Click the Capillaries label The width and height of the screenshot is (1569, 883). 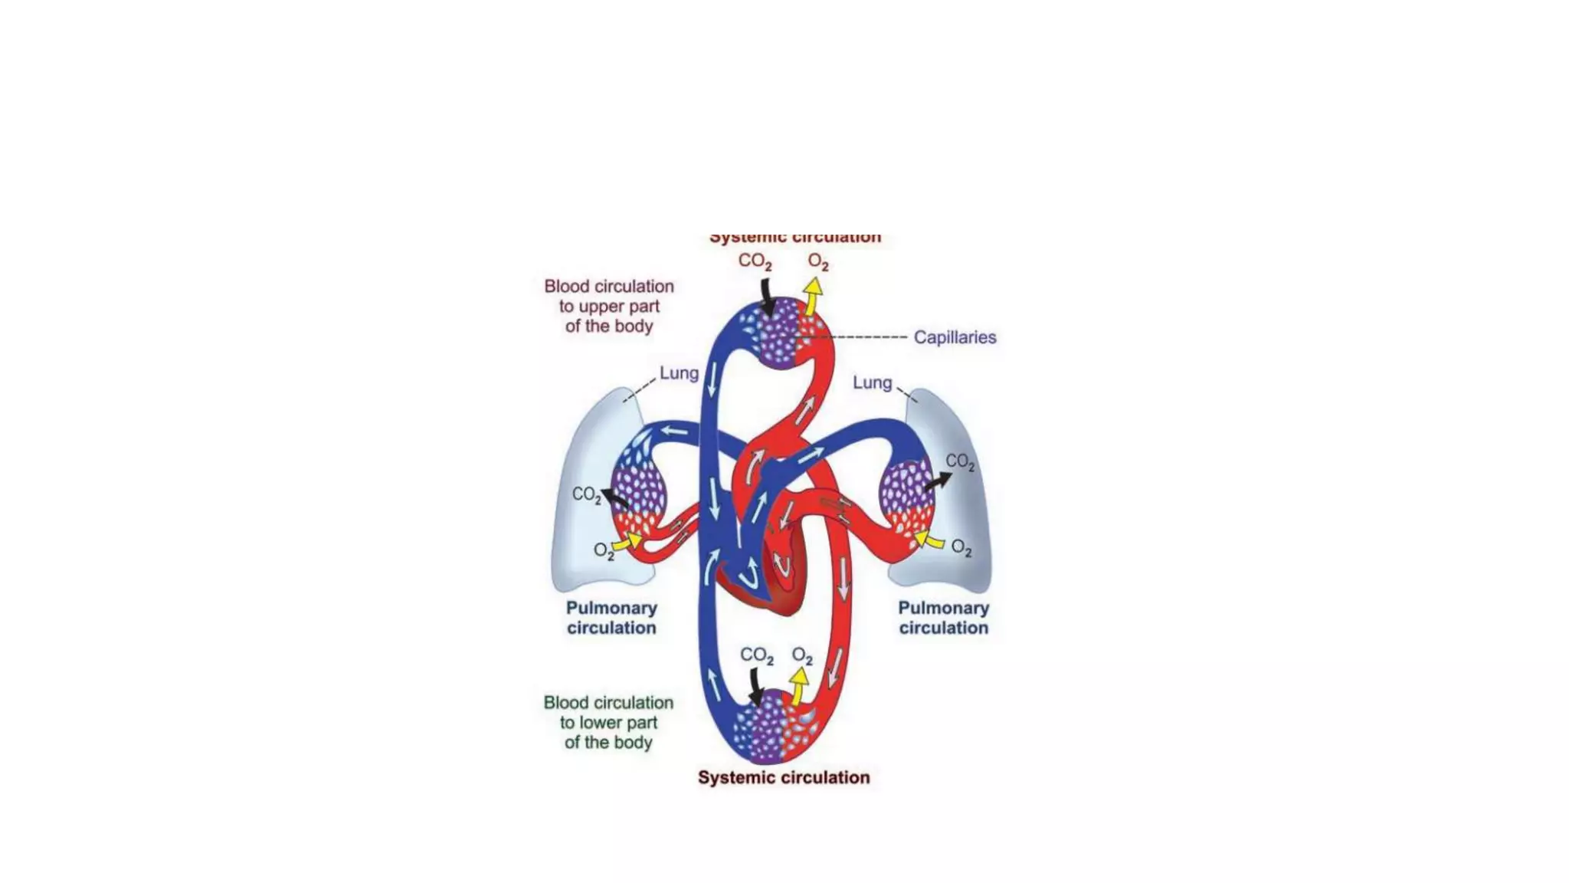955,337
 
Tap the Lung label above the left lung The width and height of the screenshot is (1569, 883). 679,373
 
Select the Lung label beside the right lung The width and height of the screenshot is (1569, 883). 873,382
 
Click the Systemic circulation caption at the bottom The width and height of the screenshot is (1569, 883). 784,777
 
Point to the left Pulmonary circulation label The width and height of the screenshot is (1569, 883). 611,618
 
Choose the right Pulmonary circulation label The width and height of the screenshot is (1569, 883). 943,618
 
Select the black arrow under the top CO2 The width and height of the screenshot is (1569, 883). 767,297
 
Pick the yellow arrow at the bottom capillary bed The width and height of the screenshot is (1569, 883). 798,685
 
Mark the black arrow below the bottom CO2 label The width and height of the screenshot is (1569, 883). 756,687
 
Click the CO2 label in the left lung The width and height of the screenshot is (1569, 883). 586,494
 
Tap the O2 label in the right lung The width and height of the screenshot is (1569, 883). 961,548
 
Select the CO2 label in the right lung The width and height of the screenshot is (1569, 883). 960,461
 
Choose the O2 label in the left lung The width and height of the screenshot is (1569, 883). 604,550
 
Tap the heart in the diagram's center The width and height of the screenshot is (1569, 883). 766,567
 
